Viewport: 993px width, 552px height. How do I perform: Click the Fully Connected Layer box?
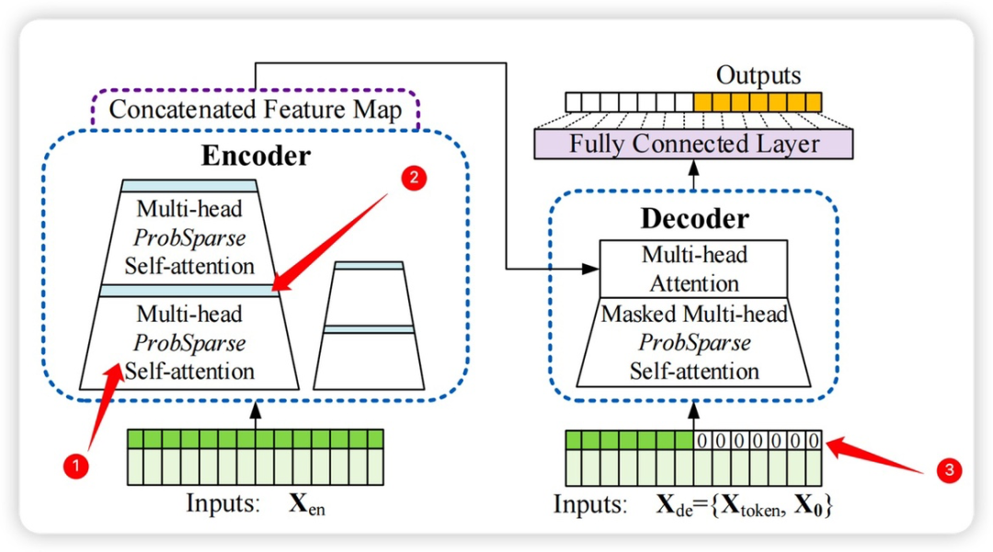coord(693,144)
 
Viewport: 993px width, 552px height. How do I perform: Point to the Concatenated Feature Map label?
coord(256,110)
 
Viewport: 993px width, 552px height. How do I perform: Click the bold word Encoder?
coord(256,155)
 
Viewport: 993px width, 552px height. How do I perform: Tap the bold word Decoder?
coord(693,219)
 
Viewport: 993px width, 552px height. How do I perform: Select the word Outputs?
coord(759,75)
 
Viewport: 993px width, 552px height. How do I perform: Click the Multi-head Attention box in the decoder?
coord(693,269)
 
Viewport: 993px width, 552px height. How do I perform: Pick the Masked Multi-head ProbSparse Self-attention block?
coord(693,342)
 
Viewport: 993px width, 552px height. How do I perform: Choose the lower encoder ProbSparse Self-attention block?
coord(190,342)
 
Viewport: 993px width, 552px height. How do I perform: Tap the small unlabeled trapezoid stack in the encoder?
coord(368,327)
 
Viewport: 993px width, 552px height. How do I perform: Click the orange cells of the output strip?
coord(757,101)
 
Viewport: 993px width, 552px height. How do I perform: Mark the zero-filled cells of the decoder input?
coord(757,440)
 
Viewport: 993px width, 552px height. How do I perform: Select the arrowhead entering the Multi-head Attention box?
coord(591,269)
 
